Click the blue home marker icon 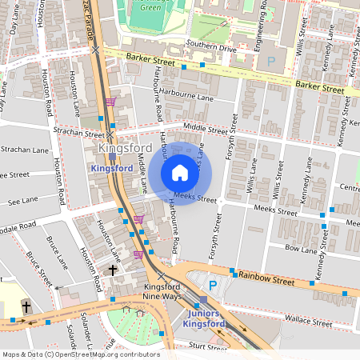pyautogui.click(x=180, y=173)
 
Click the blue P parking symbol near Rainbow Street pyautogui.click(x=213, y=286)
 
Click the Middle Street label pyautogui.click(x=206, y=127)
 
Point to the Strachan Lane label pyautogui.click(x=24, y=150)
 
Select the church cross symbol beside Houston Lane pyautogui.click(x=113, y=270)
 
